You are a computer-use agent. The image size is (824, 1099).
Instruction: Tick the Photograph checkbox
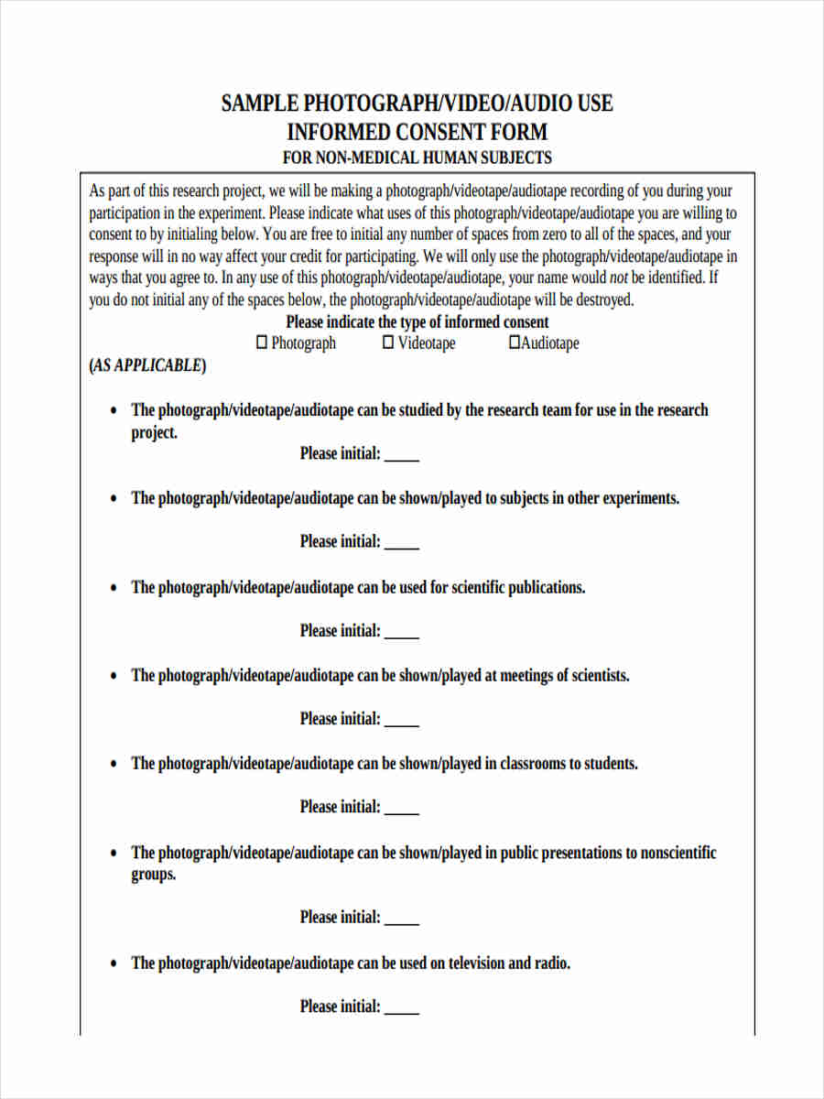pos(262,343)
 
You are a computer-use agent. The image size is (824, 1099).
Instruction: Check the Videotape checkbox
pos(388,343)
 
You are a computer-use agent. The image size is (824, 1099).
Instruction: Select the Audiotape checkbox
pos(515,343)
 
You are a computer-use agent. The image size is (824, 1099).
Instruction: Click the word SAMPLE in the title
pos(260,103)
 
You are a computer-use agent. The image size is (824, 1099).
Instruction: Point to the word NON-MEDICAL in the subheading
pos(366,158)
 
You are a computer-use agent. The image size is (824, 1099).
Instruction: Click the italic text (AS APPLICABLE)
pos(147,365)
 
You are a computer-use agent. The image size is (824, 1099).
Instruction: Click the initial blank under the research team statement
pos(402,455)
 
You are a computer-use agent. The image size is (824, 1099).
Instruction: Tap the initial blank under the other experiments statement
pos(402,543)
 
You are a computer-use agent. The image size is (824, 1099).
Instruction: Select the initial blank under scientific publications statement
pos(402,632)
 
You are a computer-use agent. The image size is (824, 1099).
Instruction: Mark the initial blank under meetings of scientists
pos(402,721)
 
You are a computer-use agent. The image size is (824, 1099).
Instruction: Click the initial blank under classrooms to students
pos(402,809)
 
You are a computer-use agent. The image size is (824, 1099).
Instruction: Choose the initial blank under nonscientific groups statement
pos(402,919)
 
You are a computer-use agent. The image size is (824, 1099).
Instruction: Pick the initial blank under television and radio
pos(402,1008)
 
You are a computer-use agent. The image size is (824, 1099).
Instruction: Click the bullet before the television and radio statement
pos(114,963)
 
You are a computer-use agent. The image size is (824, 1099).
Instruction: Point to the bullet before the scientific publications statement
pos(114,588)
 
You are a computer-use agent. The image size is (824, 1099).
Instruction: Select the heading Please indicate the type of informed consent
pos(417,321)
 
